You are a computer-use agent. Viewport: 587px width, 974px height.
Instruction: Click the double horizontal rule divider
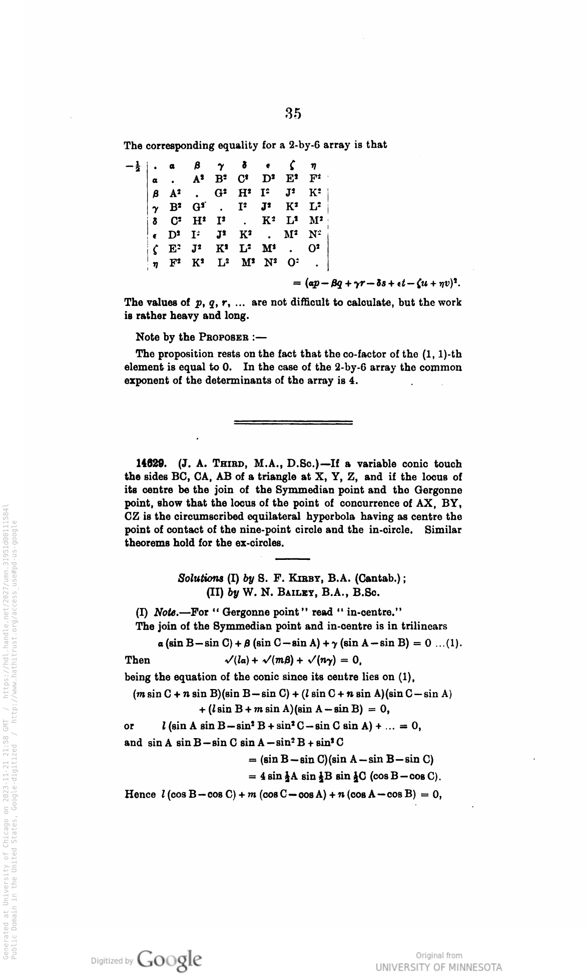click(x=293, y=422)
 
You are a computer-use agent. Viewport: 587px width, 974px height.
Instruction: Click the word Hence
click(x=138, y=792)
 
